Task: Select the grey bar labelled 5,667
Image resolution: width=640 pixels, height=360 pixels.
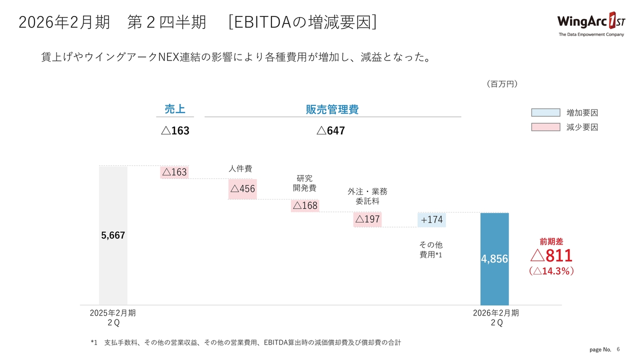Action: tap(113, 235)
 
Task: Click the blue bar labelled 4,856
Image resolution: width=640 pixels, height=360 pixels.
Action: tap(494, 259)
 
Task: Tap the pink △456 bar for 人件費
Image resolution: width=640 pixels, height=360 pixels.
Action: tap(242, 189)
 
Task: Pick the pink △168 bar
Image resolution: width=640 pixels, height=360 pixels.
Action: tap(305, 205)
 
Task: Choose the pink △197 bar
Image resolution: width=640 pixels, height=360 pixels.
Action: tap(367, 219)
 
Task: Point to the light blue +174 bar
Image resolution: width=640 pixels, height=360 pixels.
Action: tap(431, 219)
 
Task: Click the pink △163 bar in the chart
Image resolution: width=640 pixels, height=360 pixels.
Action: tap(174, 172)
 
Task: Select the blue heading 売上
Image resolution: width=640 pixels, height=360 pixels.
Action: tap(175, 109)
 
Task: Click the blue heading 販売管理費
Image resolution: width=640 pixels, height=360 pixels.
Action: tap(332, 109)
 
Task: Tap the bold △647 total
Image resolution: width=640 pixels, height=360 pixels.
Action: tap(330, 131)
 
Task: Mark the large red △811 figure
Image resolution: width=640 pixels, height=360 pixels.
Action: tap(551, 255)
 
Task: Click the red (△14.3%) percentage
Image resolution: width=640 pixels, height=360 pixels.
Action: tap(551, 271)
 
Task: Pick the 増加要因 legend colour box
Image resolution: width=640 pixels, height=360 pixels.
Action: tap(545, 112)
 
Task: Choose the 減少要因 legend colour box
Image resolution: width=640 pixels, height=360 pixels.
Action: tap(545, 127)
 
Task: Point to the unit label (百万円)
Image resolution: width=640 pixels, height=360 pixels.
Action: tap(501, 84)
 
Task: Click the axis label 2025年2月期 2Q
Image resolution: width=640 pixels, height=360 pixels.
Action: tap(113, 317)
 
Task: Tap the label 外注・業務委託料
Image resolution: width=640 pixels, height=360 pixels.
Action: tap(367, 196)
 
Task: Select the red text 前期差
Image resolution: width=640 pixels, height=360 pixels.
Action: tap(551, 241)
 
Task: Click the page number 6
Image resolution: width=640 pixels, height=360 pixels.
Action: tap(618, 348)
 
